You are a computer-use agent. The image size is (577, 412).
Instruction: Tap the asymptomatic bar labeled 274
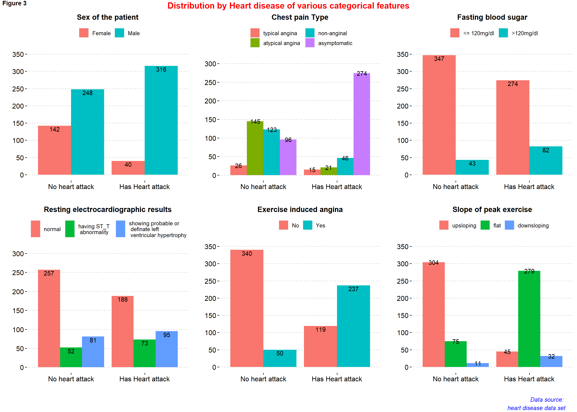coord(361,124)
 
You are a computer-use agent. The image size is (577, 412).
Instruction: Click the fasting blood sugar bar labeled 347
coord(439,115)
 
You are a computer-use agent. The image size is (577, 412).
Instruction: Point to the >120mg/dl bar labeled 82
coord(545,160)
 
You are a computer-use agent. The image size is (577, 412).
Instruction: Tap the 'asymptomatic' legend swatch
coord(310,43)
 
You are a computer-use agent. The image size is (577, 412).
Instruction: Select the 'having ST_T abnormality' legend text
coord(94,229)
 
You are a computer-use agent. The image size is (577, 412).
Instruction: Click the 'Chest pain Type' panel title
coord(300,17)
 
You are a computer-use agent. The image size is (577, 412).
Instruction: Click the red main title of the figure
coord(288,6)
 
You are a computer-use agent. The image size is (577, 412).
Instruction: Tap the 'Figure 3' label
coord(14,3)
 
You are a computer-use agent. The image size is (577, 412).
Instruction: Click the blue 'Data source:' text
coord(547,400)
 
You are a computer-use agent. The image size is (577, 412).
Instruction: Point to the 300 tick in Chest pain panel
coord(210,64)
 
